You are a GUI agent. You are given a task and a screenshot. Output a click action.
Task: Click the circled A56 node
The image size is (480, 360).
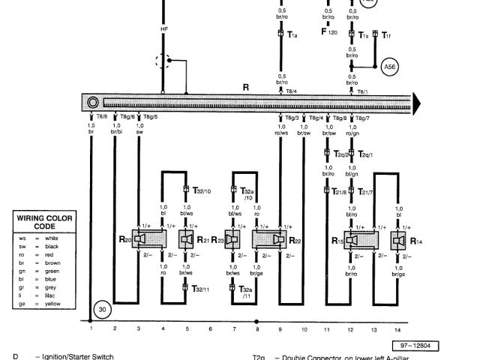click(390, 67)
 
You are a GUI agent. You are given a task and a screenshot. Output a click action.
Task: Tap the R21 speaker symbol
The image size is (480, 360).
click(186, 239)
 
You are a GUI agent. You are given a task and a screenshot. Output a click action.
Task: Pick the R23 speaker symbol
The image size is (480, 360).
click(234, 239)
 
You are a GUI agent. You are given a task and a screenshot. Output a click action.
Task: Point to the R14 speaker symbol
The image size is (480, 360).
click(398, 241)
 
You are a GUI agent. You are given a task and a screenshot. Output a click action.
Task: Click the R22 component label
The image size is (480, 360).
click(295, 241)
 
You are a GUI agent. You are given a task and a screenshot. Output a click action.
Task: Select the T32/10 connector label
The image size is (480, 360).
click(201, 190)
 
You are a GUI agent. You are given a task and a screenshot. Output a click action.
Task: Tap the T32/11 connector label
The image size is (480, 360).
click(201, 288)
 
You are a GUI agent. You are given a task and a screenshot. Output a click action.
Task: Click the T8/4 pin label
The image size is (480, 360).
click(291, 91)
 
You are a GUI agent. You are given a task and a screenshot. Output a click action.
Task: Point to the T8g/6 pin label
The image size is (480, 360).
click(127, 117)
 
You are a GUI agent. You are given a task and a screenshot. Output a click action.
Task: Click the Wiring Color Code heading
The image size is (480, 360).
click(45, 221)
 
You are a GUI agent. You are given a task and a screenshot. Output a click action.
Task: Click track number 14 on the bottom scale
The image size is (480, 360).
click(396, 329)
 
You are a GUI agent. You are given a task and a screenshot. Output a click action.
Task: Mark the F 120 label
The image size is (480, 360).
click(328, 33)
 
